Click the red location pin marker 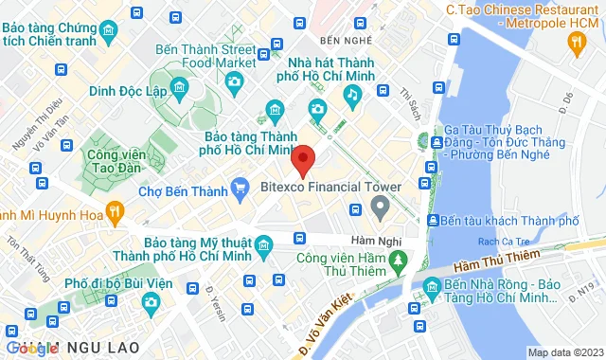pyautogui.click(x=303, y=159)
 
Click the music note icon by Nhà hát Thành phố pyautogui.click(x=352, y=94)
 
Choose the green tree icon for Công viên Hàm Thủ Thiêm pyautogui.click(x=399, y=257)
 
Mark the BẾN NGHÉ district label pyautogui.click(x=342, y=40)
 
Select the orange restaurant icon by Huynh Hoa pyautogui.click(x=114, y=209)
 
